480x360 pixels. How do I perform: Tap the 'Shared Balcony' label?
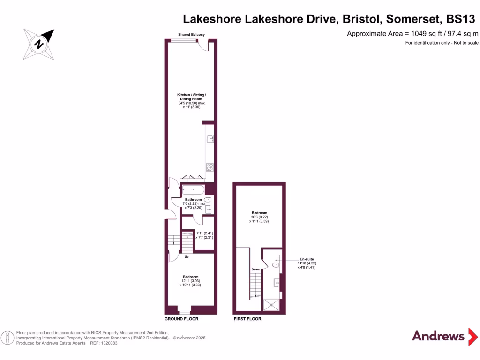tap(191, 35)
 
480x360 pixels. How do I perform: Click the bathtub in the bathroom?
tap(193, 190)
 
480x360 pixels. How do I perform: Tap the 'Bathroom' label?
tap(193, 199)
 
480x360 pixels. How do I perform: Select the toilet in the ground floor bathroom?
tap(208, 199)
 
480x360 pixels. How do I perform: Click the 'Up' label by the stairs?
tap(187, 257)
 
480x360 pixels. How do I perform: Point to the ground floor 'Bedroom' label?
tap(190, 277)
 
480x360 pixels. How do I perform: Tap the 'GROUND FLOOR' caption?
tap(181, 319)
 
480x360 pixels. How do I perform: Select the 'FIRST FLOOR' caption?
tap(247, 319)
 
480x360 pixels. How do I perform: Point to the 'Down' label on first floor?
tap(255, 270)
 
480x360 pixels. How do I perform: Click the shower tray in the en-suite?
tap(272, 305)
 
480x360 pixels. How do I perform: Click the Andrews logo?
tap(438, 336)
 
